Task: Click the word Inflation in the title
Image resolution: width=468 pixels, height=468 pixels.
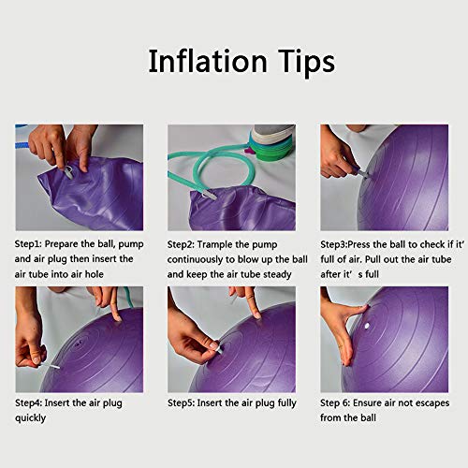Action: click(206, 62)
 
